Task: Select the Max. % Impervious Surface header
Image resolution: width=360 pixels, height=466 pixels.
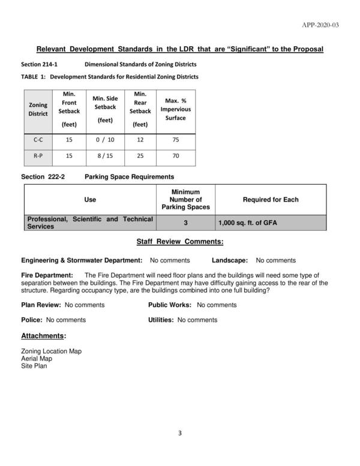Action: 176,109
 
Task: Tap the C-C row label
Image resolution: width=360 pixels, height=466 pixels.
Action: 38,140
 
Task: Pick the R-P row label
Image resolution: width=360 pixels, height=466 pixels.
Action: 38,156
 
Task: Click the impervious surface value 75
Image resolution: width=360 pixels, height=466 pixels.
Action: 176,140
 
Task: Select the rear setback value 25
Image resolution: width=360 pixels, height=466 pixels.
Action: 140,156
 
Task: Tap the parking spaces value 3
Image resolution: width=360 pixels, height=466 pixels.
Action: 185,223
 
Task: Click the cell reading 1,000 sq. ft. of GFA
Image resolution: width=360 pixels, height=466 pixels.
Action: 248,224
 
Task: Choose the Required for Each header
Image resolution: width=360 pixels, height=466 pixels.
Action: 270,200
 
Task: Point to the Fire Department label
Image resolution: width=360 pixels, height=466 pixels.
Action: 47,275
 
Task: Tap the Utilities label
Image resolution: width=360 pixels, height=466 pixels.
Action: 161,320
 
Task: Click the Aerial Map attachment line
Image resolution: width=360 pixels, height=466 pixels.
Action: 36,358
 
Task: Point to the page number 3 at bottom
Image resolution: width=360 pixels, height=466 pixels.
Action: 179,433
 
